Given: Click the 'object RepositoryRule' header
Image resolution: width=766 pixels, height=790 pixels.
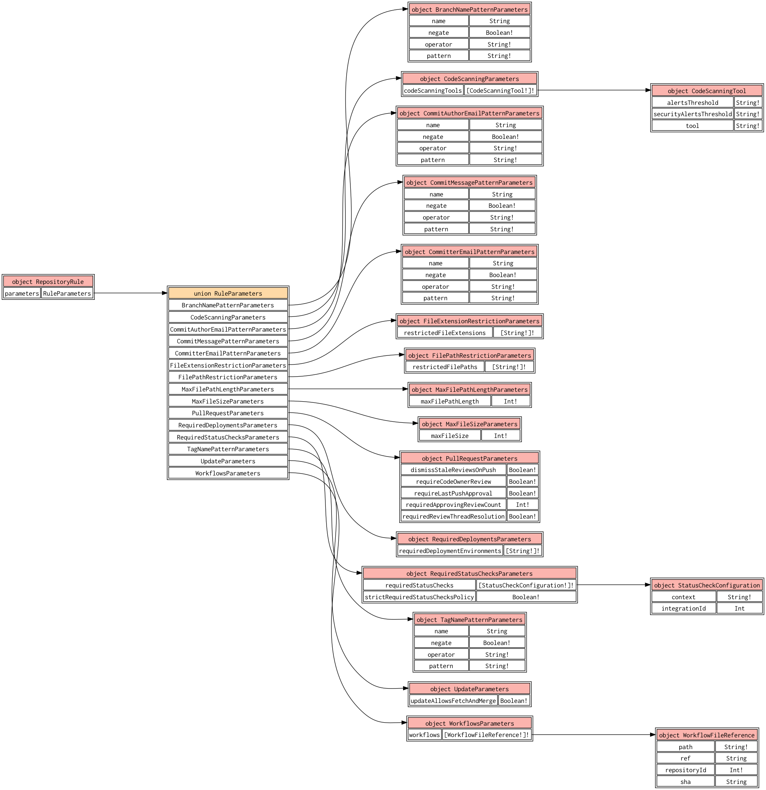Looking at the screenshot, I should click(x=48, y=281).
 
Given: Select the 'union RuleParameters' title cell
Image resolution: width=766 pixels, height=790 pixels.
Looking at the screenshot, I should click(x=228, y=293).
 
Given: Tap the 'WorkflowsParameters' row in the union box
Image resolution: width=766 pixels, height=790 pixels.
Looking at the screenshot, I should click(x=228, y=473).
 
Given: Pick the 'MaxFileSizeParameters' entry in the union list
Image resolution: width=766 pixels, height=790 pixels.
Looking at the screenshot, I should click(x=228, y=401).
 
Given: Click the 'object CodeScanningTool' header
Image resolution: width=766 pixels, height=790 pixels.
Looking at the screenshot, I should click(x=707, y=91).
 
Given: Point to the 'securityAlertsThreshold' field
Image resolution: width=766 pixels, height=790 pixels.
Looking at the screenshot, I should click(x=692, y=114).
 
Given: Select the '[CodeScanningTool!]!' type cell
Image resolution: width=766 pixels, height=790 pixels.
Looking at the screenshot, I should click(x=500, y=90).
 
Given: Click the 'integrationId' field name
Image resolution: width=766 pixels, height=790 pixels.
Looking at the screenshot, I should click(x=683, y=608).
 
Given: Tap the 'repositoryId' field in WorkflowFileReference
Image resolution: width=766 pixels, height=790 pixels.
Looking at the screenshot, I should click(x=685, y=770).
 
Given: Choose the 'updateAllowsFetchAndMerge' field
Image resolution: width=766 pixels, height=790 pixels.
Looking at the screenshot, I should click(x=453, y=701).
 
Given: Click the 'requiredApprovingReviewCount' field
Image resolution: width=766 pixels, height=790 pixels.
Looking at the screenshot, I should click(x=453, y=505).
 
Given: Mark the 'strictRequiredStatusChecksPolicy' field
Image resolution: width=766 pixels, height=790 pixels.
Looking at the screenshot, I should click(x=419, y=597).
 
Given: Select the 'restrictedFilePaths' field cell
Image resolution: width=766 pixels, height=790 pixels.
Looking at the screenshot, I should click(x=444, y=367).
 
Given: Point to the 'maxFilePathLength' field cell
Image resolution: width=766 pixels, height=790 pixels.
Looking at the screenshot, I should click(x=449, y=401).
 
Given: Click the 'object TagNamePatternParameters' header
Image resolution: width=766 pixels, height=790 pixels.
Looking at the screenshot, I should click(x=469, y=620).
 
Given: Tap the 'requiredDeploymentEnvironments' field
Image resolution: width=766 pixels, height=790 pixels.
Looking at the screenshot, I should click(x=450, y=551).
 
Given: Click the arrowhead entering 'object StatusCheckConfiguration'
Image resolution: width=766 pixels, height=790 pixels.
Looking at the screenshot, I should click(x=648, y=585).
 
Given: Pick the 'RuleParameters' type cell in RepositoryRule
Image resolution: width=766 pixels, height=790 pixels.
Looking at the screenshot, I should click(x=67, y=293).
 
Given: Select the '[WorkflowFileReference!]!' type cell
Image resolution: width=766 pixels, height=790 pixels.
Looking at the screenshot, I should click(x=486, y=735).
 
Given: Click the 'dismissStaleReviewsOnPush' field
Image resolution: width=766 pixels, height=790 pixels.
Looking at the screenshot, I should click(x=453, y=469).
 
